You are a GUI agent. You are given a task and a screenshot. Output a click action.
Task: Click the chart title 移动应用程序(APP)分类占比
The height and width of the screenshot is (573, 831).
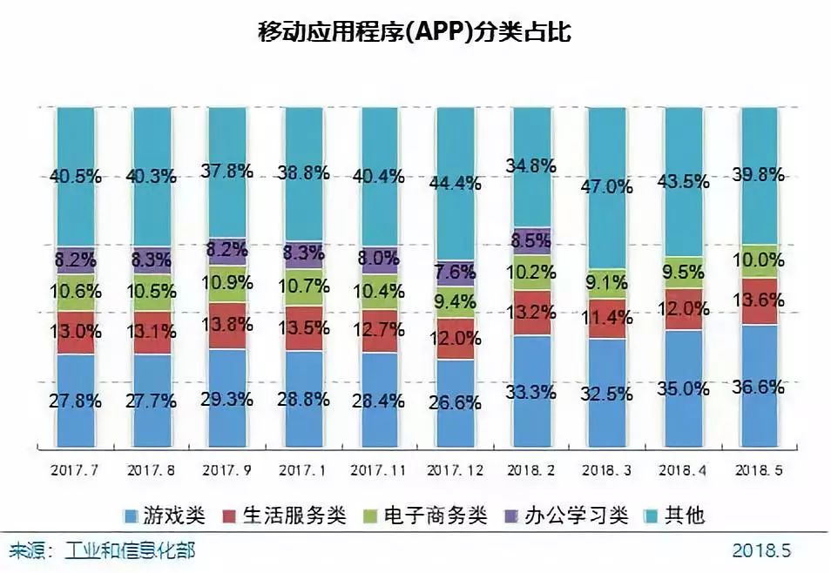(x=415, y=32)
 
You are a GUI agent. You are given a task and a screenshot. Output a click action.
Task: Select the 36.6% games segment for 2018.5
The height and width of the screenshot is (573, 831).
(x=756, y=388)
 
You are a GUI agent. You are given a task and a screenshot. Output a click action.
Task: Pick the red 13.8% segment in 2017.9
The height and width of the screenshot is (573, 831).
(x=226, y=326)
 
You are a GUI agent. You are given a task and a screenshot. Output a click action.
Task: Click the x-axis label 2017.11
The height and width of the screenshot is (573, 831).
(x=377, y=469)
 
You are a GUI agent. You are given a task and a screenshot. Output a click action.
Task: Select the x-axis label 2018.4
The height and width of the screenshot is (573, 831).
(x=681, y=469)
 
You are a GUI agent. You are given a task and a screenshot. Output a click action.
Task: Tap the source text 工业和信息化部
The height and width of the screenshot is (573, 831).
(x=131, y=550)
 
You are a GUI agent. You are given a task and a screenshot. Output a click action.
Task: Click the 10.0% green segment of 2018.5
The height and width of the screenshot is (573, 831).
(x=756, y=261)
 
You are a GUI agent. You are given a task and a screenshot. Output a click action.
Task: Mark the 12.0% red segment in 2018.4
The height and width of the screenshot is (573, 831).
(x=681, y=310)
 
